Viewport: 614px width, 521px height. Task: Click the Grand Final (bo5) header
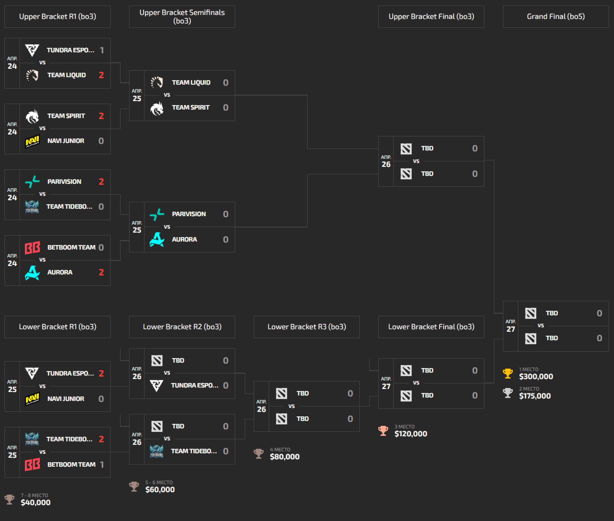pos(555,16)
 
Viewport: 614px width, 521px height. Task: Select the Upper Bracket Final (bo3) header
pos(431,16)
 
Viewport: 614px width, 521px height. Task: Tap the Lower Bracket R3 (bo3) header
pos(307,327)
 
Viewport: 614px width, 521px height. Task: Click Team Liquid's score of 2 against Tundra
pos(101,75)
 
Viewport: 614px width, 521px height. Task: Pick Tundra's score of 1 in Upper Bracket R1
pos(102,50)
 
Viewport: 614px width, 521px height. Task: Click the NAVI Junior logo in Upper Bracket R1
pos(32,141)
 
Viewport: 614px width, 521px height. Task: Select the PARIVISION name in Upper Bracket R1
pos(64,182)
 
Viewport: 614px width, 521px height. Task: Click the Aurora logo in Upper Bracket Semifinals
pos(157,239)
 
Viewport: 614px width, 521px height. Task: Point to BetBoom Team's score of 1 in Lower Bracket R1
pos(102,464)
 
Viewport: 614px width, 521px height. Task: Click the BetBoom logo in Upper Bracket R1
pos(32,248)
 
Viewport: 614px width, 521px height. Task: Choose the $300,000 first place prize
pos(536,376)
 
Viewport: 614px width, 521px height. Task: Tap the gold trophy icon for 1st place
pos(508,373)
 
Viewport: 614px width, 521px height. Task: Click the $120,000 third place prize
pos(410,434)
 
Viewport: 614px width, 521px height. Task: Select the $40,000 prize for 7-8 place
pos(35,502)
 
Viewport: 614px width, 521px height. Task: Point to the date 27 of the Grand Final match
pos(511,329)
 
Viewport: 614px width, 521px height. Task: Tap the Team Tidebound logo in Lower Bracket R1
pos(32,439)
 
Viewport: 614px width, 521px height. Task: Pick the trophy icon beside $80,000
pos(259,453)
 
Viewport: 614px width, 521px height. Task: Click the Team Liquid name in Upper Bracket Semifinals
pos(191,83)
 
